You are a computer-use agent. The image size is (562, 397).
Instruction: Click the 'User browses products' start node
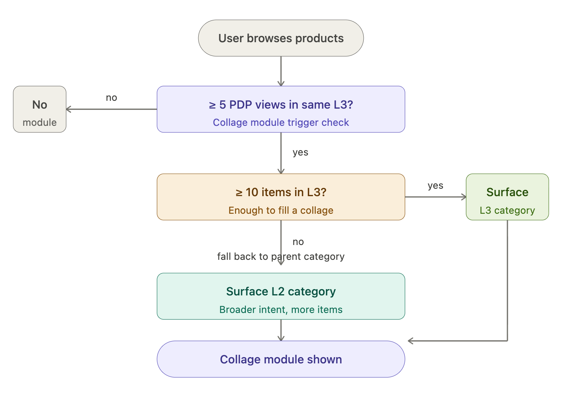coord(281,38)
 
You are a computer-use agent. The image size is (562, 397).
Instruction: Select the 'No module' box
coord(39,109)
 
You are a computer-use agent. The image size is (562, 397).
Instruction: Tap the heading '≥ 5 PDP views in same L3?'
coord(281,105)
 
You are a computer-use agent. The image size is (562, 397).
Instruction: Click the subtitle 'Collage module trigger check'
coord(281,123)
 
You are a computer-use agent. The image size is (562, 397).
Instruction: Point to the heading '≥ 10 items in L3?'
coord(281,192)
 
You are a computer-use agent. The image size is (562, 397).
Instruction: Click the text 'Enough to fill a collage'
coord(281,211)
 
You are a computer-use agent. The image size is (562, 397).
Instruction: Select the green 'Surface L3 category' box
coord(507,197)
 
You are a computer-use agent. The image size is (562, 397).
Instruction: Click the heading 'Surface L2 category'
coord(281,291)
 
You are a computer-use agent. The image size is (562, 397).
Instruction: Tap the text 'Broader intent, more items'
coord(281,310)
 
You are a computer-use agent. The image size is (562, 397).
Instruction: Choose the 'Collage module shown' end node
coord(281,359)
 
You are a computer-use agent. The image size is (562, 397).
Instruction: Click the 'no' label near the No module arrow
coord(111,98)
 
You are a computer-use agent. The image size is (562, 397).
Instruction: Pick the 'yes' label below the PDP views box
coord(300,153)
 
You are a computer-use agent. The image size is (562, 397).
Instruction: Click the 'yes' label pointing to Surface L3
coord(435,186)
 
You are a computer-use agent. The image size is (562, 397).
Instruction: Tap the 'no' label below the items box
coord(298,242)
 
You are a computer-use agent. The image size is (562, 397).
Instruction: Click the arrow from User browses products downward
coord(281,70)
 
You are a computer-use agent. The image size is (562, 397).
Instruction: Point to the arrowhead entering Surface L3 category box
coord(463,197)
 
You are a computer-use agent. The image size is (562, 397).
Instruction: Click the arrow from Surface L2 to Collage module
coord(281,330)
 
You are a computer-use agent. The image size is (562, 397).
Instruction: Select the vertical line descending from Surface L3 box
coord(507,281)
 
